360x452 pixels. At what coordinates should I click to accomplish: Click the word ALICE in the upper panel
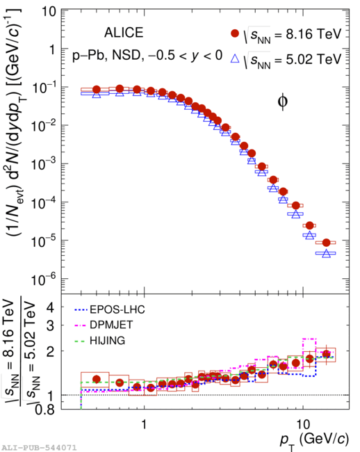click(124, 33)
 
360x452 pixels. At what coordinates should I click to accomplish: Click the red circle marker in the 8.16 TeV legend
click(235, 33)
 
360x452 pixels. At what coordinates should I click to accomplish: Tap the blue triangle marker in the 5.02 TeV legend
click(235, 58)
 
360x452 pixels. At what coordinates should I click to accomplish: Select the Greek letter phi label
click(283, 102)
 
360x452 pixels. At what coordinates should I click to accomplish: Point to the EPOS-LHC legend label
click(117, 309)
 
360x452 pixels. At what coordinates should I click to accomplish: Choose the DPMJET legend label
click(111, 325)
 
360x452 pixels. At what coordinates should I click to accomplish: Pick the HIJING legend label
click(108, 341)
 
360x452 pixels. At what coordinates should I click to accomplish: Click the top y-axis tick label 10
click(49, 12)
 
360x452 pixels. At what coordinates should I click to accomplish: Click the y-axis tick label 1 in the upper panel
click(52, 50)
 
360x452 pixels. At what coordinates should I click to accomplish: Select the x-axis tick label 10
click(303, 424)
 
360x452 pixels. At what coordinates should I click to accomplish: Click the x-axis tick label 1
click(144, 424)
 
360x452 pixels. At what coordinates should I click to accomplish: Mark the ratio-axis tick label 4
click(50, 308)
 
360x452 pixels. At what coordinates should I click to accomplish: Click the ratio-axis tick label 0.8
click(44, 410)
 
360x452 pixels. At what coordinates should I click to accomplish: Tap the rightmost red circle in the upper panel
click(326, 243)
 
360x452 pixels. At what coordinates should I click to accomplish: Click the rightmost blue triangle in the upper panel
click(326, 253)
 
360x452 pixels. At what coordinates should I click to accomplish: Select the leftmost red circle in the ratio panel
click(97, 379)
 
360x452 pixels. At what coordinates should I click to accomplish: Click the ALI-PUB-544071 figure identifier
click(39, 448)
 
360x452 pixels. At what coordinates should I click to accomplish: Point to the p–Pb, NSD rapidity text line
click(147, 55)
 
